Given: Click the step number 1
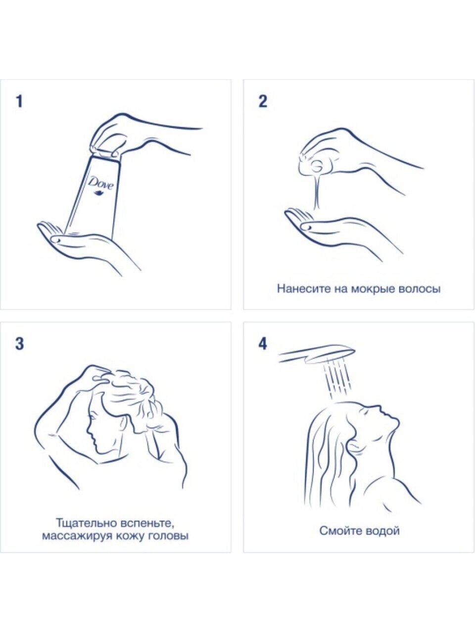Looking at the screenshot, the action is pos(19,101).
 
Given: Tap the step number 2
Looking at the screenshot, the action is pos(262,101).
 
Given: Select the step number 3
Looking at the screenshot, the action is pos(19,344).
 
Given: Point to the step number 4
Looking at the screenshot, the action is pos(263,344).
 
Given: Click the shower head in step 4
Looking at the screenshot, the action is pos(317,354).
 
